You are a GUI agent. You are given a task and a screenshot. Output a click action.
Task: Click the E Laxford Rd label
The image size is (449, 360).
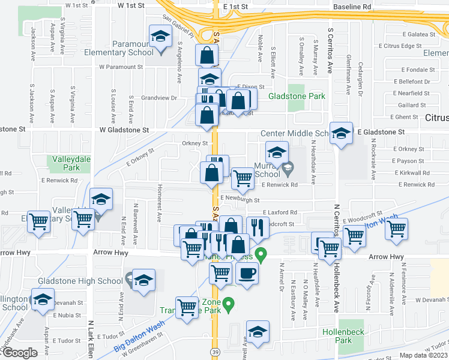pyautogui.click(x=279, y=212)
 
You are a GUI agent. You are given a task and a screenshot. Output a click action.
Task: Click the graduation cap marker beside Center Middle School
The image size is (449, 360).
pyautogui.click(x=341, y=134)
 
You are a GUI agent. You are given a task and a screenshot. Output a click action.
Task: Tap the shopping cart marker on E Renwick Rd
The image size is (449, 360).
pyautogui.click(x=242, y=178)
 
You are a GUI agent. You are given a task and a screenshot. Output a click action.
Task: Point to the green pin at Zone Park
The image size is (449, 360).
pyautogui.click(x=228, y=306)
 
